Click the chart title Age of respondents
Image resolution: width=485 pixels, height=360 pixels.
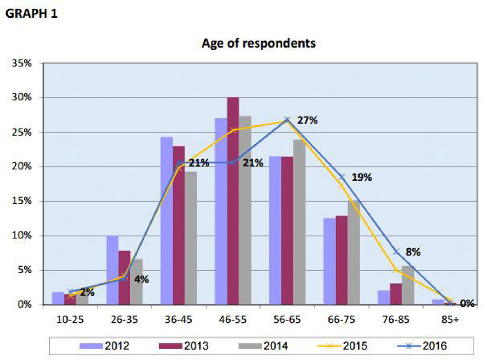pyautogui.click(x=258, y=43)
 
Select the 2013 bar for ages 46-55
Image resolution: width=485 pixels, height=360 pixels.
pyautogui.click(x=233, y=200)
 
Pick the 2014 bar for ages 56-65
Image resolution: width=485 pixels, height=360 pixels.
pyautogui.click(x=299, y=222)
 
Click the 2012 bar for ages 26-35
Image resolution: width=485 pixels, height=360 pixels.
pyautogui.click(x=112, y=270)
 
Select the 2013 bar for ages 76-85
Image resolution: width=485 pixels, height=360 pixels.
pyautogui.click(x=396, y=294)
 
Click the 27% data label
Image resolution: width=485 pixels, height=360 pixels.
pyautogui.click(x=307, y=120)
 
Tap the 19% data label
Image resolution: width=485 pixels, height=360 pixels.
pyautogui.click(x=362, y=177)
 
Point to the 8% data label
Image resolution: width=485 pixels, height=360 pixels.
pyautogui.click(x=413, y=252)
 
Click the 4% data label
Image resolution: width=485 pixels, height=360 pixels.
pyautogui.click(x=142, y=280)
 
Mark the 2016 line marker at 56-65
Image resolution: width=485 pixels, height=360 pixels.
pyautogui.click(x=287, y=119)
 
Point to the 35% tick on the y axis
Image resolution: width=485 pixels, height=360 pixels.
pyautogui.click(x=22, y=64)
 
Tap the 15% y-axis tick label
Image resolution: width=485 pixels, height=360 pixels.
pyautogui.click(x=22, y=201)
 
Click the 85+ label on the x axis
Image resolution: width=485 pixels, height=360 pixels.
pyautogui.click(x=450, y=320)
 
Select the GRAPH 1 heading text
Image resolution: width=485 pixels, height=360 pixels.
pyautogui.click(x=31, y=14)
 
